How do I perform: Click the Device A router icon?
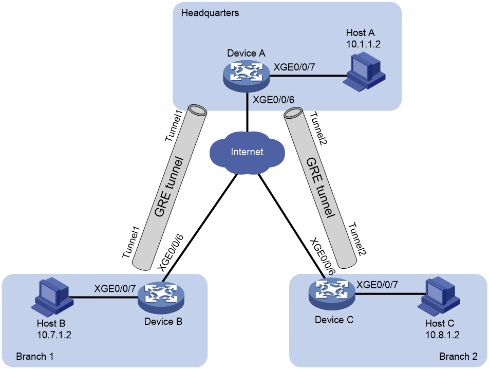tap(247, 75)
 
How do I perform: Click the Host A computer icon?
tap(364, 72)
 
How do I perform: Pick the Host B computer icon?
tap(52, 297)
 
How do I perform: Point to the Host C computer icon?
tap(439, 296)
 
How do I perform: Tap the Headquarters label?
tap(210, 13)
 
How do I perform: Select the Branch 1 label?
tap(34, 356)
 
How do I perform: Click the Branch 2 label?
tap(458, 356)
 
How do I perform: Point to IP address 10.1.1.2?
tap(363, 44)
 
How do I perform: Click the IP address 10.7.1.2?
tap(54, 335)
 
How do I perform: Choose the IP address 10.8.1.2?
tap(443, 335)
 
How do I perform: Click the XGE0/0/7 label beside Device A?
tap(294, 67)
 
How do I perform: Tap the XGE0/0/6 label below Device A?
tap(273, 100)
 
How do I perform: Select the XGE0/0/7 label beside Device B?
tap(115, 288)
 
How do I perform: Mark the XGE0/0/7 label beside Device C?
tap(377, 285)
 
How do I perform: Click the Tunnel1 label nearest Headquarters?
tap(174, 126)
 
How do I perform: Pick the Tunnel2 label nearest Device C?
tap(358, 239)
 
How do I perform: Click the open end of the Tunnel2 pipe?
tap(293, 113)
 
